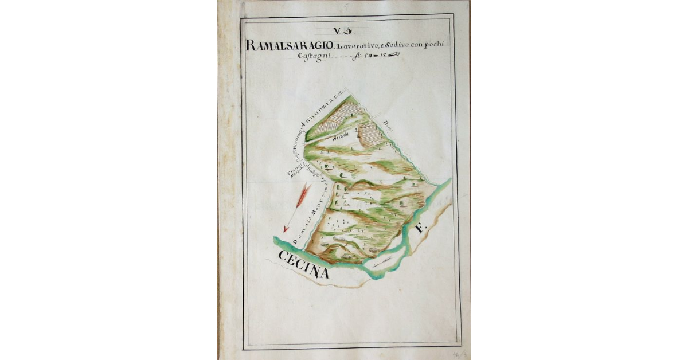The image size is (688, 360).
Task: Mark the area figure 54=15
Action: coord(373,56)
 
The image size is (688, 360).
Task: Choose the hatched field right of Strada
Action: coord(372,135)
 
